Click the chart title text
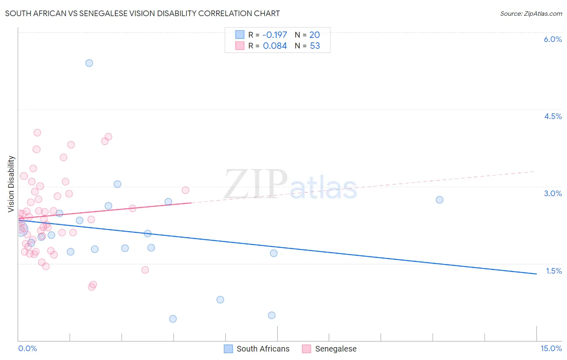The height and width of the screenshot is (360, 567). tap(142, 13)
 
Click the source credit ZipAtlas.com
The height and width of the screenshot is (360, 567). tap(531, 14)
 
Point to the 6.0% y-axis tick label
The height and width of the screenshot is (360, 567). tap(552, 39)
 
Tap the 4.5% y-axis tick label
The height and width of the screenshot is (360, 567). tap(552, 116)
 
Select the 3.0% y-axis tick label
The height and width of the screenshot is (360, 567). tap(552, 193)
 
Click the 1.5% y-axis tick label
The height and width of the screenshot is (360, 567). tap(554, 271)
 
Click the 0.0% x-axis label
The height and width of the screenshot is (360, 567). tap(27, 348)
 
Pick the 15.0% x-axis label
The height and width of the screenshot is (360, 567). tap(551, 348)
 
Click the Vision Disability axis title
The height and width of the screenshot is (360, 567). tap(11, 184)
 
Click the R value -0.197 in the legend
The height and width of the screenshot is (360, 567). tap(275, 35)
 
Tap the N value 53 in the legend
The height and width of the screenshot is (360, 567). tap(315, 46)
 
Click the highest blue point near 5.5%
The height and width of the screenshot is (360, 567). tap(89, 63)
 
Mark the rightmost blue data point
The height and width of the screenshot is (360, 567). tap(440, 200)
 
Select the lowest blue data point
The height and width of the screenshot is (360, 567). tap(173, 319)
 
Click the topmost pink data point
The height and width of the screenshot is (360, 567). tap(37, 133)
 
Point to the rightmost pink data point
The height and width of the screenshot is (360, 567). tap(186, 190)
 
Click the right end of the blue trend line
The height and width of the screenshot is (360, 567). tap(536, 274)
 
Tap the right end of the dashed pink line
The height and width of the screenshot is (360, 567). tap(536, 172)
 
